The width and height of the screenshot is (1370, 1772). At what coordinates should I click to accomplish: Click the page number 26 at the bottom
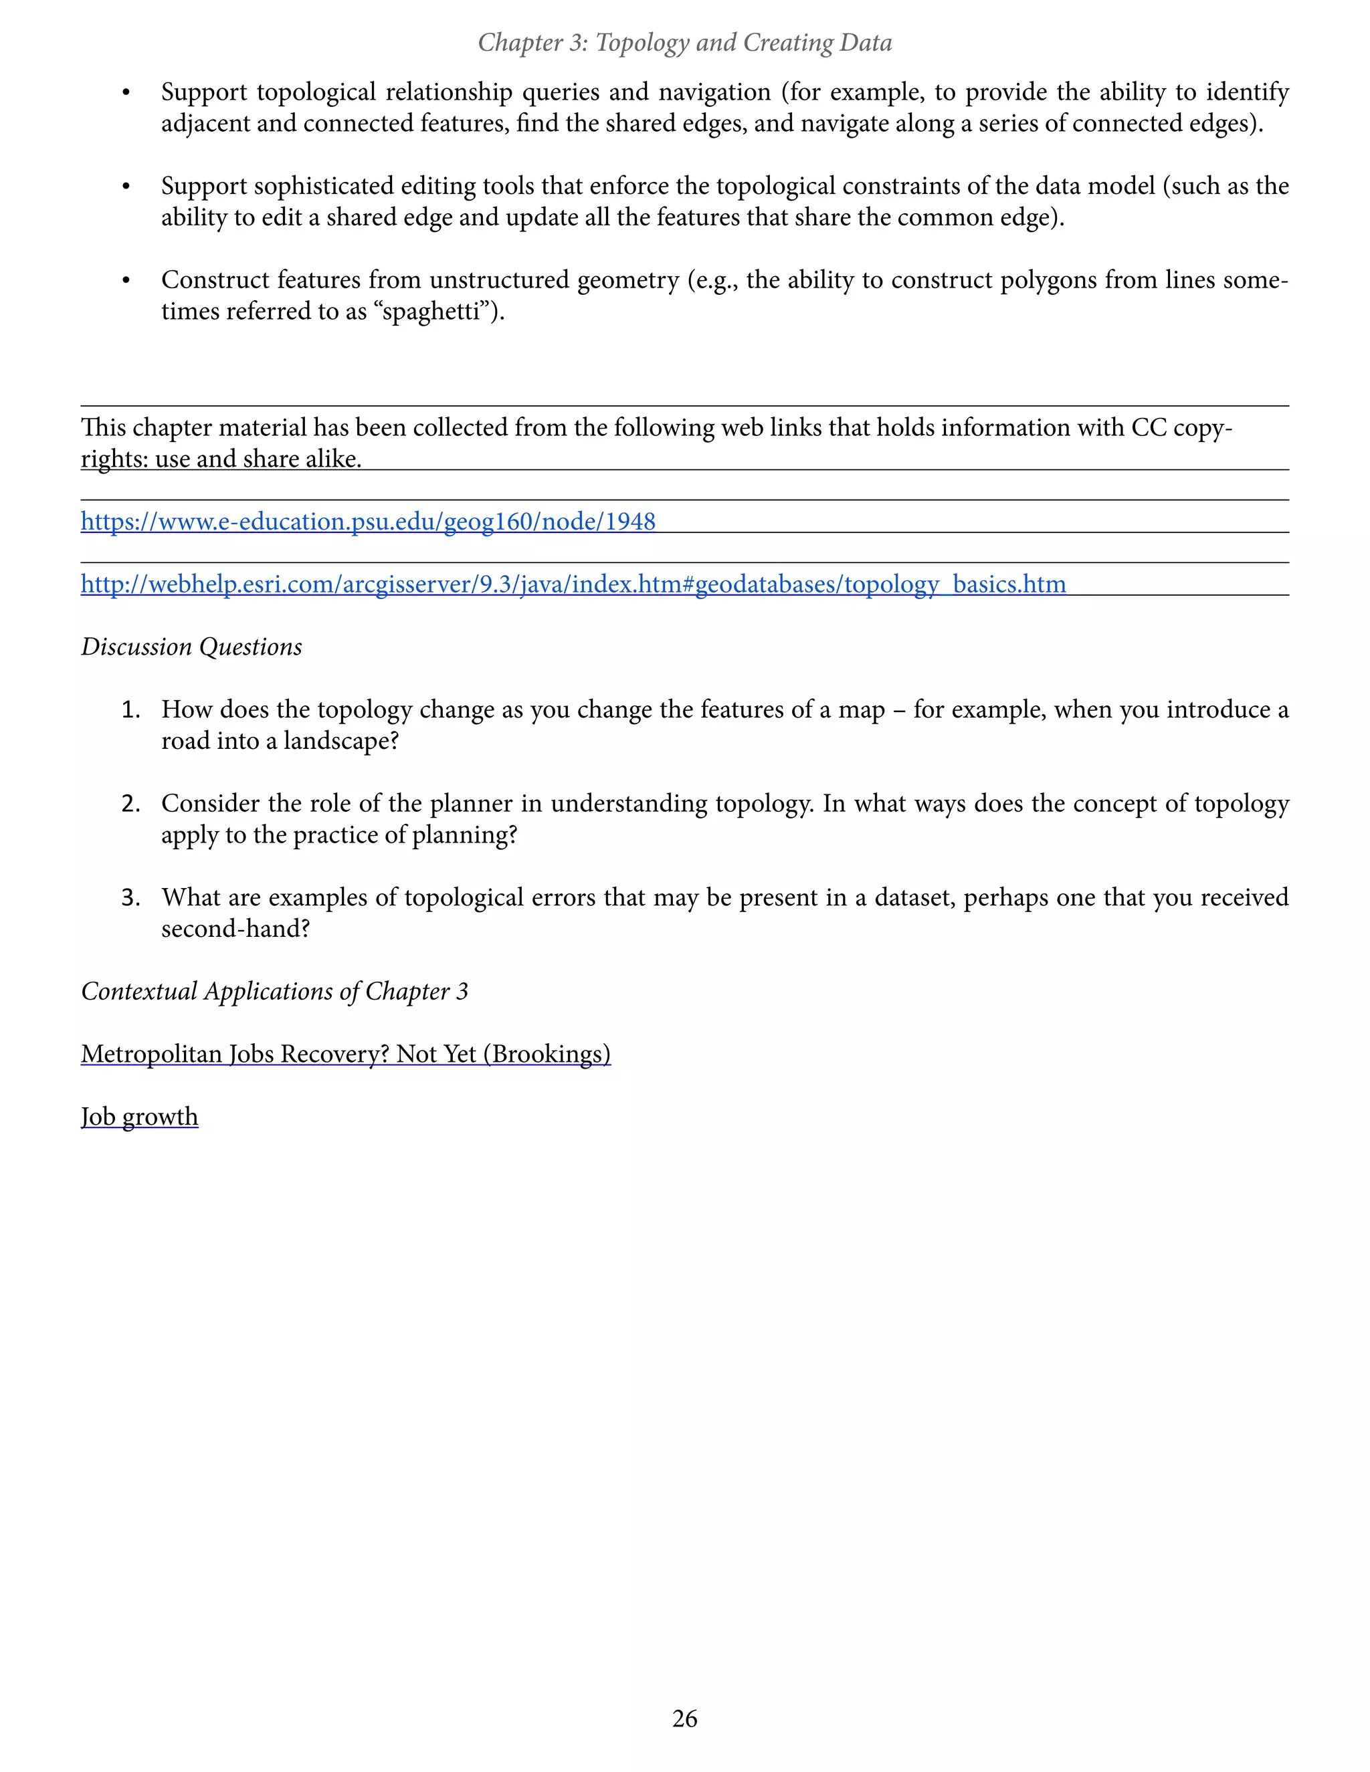tap(684, 1719)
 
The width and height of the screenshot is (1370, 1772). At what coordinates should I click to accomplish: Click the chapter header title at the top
tap(684, 42)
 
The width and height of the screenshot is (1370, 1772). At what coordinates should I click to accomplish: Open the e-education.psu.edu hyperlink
tap(368, 522)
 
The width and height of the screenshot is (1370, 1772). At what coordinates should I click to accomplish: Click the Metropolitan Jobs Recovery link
tap(346, 1054)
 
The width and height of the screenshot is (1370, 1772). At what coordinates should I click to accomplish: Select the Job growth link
tap(140, 1117)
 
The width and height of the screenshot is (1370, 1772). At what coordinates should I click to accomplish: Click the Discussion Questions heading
tap(191, 647)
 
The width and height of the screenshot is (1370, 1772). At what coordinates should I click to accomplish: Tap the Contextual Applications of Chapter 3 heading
tap(274, 992)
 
